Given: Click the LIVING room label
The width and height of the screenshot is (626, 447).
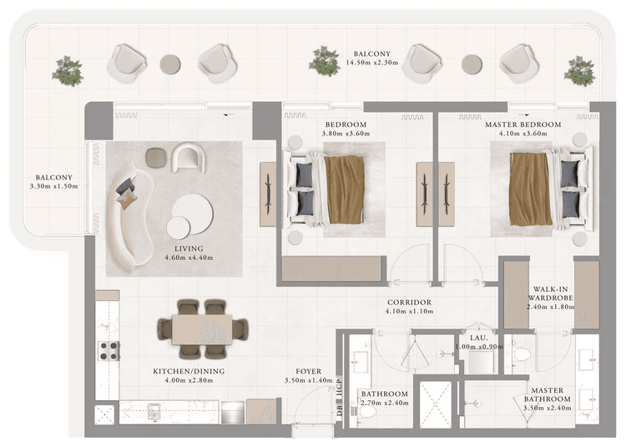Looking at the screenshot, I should point(189,248).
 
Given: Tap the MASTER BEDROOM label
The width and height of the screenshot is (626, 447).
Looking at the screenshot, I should point(523,124).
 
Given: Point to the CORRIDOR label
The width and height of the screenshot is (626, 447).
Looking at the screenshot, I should point(409,302).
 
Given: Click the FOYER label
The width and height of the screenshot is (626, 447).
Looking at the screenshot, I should point(308,371).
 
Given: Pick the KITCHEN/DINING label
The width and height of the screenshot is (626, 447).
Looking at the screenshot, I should point(189,371).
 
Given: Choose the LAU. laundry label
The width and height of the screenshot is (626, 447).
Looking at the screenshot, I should point(478,337).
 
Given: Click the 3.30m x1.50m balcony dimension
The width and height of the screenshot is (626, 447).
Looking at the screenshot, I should point(57,186).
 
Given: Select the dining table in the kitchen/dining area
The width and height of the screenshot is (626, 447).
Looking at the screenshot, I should point(203,328).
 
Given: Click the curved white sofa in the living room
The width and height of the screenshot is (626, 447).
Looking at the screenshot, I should point(123,221).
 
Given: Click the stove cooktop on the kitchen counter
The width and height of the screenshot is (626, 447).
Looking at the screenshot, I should point(107,350).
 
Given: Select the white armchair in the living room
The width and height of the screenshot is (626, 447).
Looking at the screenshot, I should point(188,156).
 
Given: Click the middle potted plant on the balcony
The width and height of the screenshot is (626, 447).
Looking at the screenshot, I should point(324,61).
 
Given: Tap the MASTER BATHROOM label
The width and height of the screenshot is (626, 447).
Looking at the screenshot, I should point(548,395).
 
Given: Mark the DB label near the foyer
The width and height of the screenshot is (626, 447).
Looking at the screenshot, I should point(340,409).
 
